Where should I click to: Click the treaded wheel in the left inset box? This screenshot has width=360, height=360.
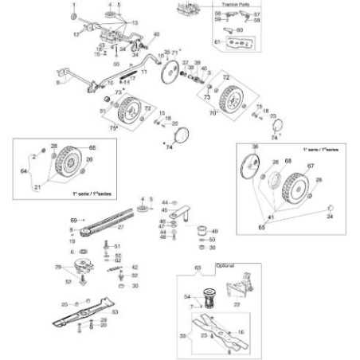pos(65,165)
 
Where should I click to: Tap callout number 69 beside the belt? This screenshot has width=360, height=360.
pos(74,219)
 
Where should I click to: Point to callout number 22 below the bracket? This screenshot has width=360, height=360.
pos(237,304)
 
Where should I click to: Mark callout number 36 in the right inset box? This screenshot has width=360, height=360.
pos(256,147)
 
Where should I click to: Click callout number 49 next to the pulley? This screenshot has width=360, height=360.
pos(214,231)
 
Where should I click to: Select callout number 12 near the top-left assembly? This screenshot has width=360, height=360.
pos(76,35)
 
